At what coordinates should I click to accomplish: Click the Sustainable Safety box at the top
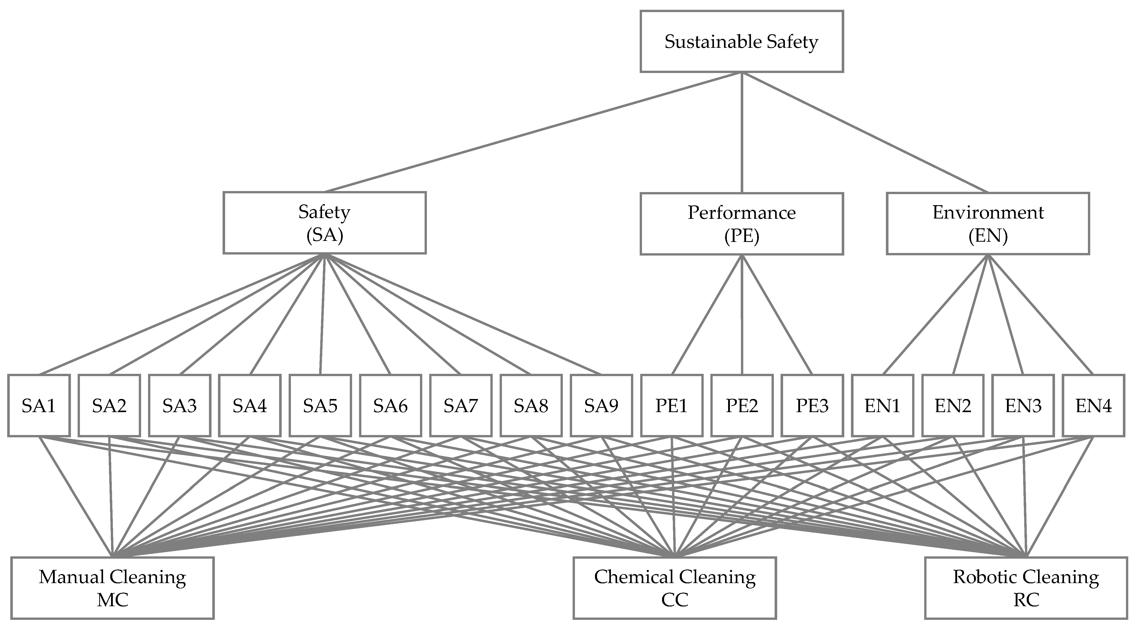741,41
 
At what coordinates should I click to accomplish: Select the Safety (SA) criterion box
324,223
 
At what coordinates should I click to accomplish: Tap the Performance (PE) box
741,224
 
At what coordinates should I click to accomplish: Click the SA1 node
39,405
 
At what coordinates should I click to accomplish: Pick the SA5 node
320,405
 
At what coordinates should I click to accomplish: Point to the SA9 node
601,405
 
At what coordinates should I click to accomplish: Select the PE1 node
671,405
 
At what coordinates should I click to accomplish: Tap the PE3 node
812,405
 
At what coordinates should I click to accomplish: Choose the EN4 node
1093,405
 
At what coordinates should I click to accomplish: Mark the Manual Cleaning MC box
113,588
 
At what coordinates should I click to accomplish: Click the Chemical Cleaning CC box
674,588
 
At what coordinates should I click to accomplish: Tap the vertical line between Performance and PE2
741,314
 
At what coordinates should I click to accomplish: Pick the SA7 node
460,405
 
